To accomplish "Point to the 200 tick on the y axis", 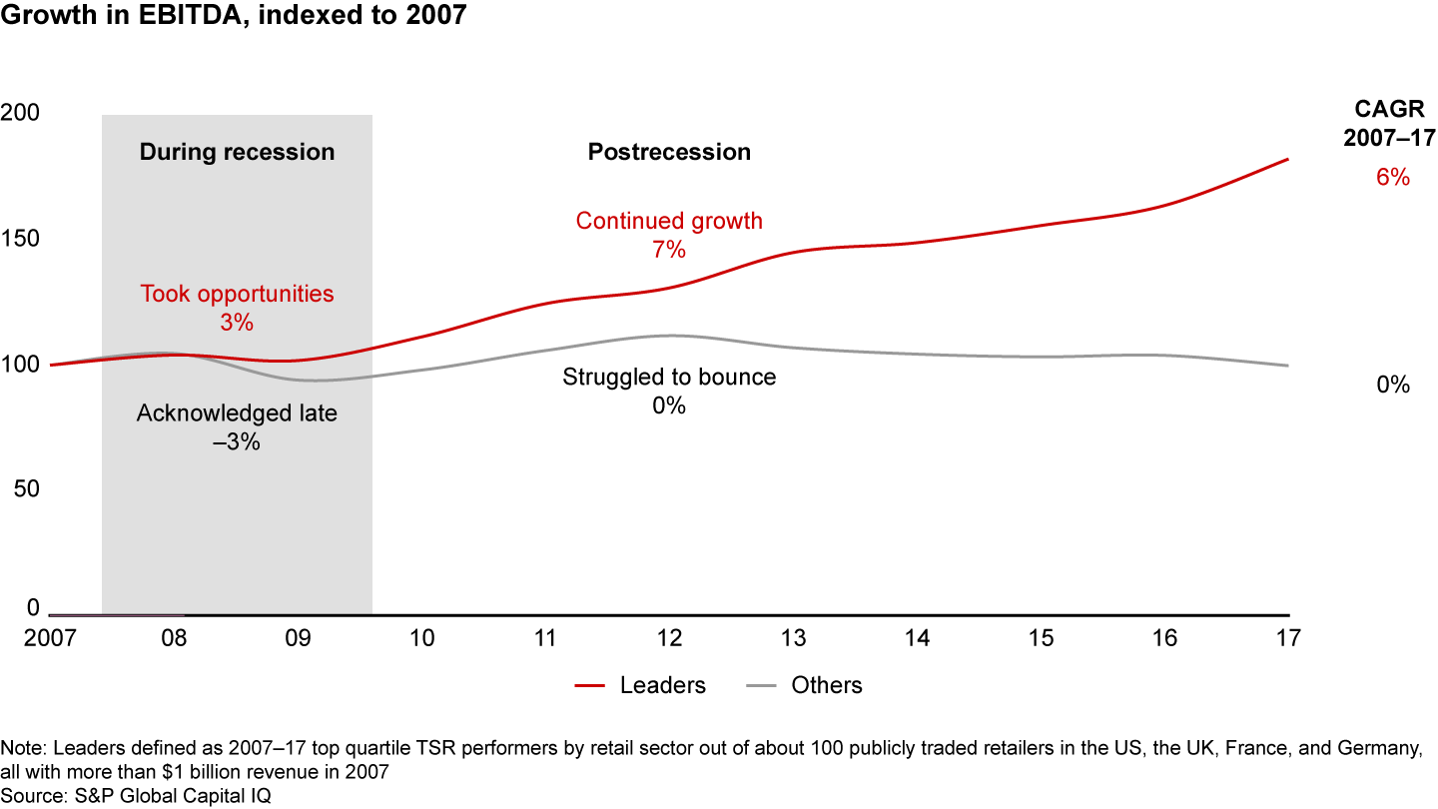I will point(19,113).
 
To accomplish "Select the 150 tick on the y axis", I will point(19,239).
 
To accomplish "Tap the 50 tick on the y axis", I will point(24,489).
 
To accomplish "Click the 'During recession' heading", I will point(237,152).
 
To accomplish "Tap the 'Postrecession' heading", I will point(669,152).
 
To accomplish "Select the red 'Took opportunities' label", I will point(237,294).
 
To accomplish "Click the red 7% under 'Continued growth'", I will point(669,250).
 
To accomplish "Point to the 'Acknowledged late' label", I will point(237,412).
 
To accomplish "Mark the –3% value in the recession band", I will point(237,441).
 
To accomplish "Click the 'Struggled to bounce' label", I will point(669,378).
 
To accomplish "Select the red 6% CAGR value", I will point(1392,178).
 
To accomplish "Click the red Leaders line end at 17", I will point(1287,160).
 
